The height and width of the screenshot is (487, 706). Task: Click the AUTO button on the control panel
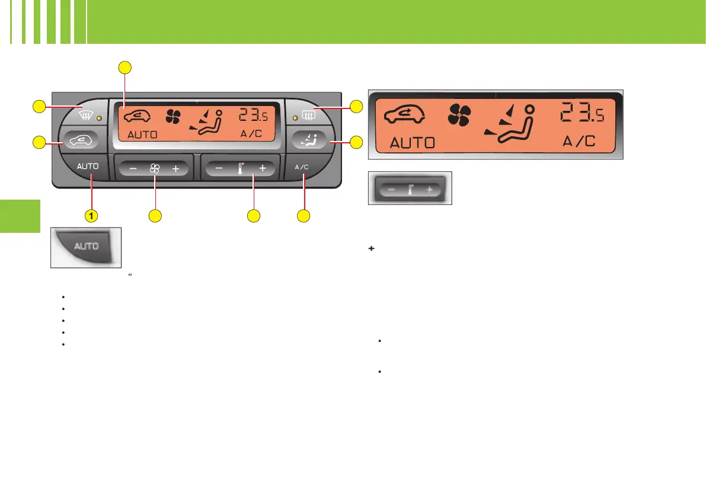click(x=88, y=167)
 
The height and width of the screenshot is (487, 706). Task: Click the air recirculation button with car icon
click(x=79, y=141)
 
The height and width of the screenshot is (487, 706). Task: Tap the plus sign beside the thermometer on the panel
click(x=262, y=168)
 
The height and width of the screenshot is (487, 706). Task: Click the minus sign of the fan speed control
click(x=133, y=169)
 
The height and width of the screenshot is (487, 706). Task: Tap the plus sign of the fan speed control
click(x=175, y=169)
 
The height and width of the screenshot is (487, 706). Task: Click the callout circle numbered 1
click(x=91, y=216)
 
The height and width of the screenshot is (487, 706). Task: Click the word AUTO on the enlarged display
click(x=411, y=142)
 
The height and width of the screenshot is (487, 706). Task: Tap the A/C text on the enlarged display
click(x=577, y=142)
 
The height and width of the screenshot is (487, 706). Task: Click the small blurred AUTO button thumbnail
click(x=86, y=246)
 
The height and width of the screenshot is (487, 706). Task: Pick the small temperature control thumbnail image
click(x=410, y=188)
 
